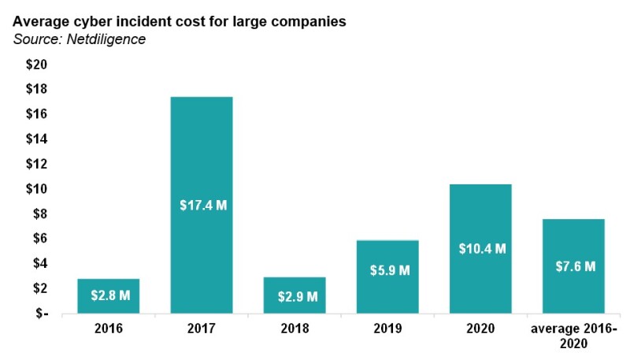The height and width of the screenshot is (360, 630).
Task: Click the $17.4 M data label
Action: [x=202, y=206]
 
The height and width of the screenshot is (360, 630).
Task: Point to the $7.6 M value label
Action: [x=573, y=266]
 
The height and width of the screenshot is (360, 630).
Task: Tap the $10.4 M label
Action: [x=481, y=249]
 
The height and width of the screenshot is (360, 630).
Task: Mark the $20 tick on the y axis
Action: [x=37, y=65]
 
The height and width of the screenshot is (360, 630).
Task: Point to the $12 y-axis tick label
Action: [x=37, y=164]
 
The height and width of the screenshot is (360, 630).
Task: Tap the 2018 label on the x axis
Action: [x=295, y=328]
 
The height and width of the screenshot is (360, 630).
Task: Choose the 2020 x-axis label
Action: [x=480, y=328]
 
